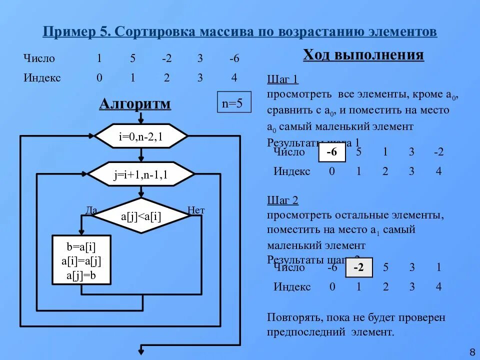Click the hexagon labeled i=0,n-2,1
click(x=141, y=136)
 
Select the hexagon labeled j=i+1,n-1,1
click(x=141, y=174)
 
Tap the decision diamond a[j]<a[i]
click(x=141, y=215)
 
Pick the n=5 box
click(x=232, y=103)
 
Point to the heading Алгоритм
click(x=135, y=104)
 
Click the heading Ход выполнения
click(x=363, y=55)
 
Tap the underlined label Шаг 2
click(x=282, y=200)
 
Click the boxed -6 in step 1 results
click(x=331, y=152)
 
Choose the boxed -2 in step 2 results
click(x=359, y=268)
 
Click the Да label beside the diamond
click(x=91, y=210)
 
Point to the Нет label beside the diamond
click(x=196, y=210)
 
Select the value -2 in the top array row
click(x=166, y=58)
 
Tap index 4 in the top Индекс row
click(x=234, y=77)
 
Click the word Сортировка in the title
click(x=155, y=32)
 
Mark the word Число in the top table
click(x=39, y=58)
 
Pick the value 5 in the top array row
click(x=132, y=58)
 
